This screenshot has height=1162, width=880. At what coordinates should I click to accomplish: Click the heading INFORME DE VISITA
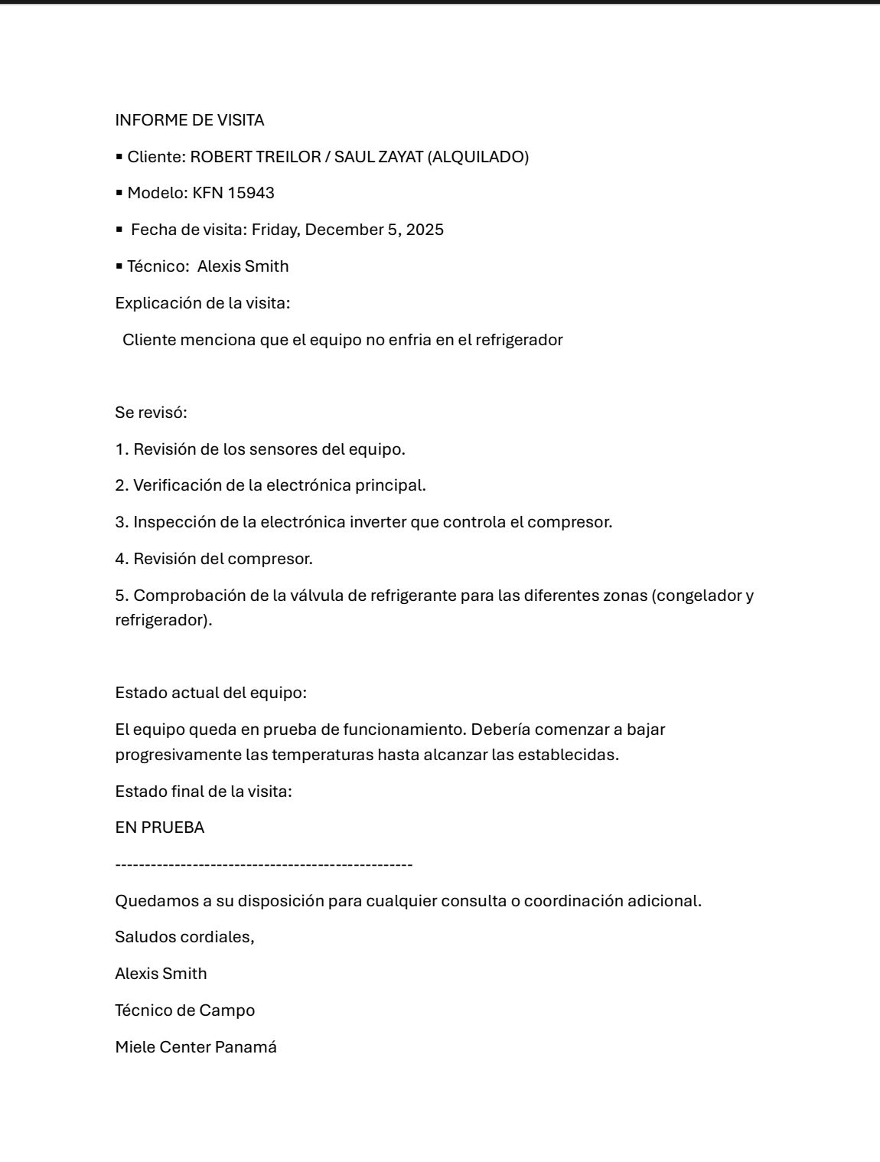click(x=189, y=120)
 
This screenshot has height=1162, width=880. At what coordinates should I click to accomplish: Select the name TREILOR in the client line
click(x=285, y=157)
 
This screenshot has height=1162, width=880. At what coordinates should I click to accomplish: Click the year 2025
click(x=425, y=230)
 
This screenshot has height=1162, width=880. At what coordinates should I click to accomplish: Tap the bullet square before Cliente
click(x=119, y=157)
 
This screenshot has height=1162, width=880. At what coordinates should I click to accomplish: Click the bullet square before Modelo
click(x=119, y=193)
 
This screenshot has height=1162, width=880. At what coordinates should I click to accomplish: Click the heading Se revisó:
click(x=151, y=413)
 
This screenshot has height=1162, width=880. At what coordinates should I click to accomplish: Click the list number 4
click(x=121, y=559)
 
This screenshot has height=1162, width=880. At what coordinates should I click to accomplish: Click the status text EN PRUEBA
click(x=159, y=827)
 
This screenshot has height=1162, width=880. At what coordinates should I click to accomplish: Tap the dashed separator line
click(x=263, y=864)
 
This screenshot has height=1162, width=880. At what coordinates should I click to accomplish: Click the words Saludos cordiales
click(x=184, y=937)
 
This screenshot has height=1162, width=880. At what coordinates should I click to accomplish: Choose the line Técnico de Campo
click(x=184, y=1010)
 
